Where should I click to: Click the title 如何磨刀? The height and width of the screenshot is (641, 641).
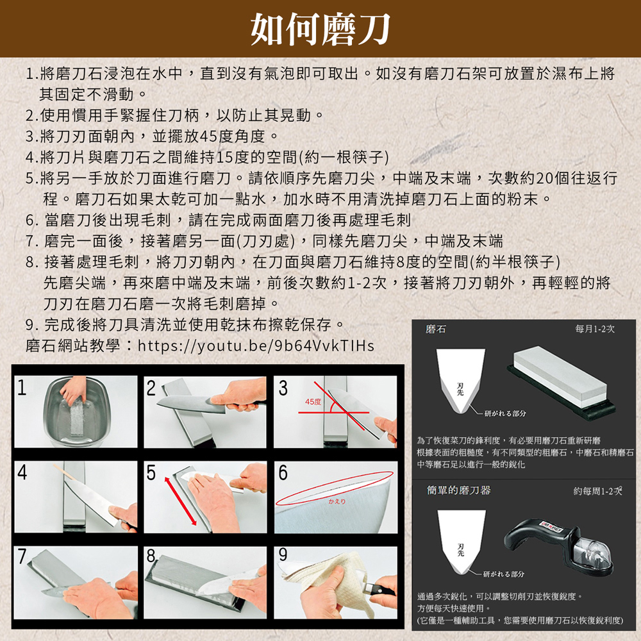[x=320, y=28]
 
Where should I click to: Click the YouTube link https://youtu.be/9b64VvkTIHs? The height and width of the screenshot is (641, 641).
[x=256, y=346]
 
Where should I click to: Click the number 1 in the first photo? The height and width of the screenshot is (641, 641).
[x=22, y=387]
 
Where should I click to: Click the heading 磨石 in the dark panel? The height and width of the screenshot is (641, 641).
[x=437, y=328]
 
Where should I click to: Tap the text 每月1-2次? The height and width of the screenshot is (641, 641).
[x=595, y=328]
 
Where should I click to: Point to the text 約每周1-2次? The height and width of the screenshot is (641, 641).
[x=597, y=491]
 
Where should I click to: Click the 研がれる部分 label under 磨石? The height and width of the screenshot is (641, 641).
[x=506, y=413]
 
